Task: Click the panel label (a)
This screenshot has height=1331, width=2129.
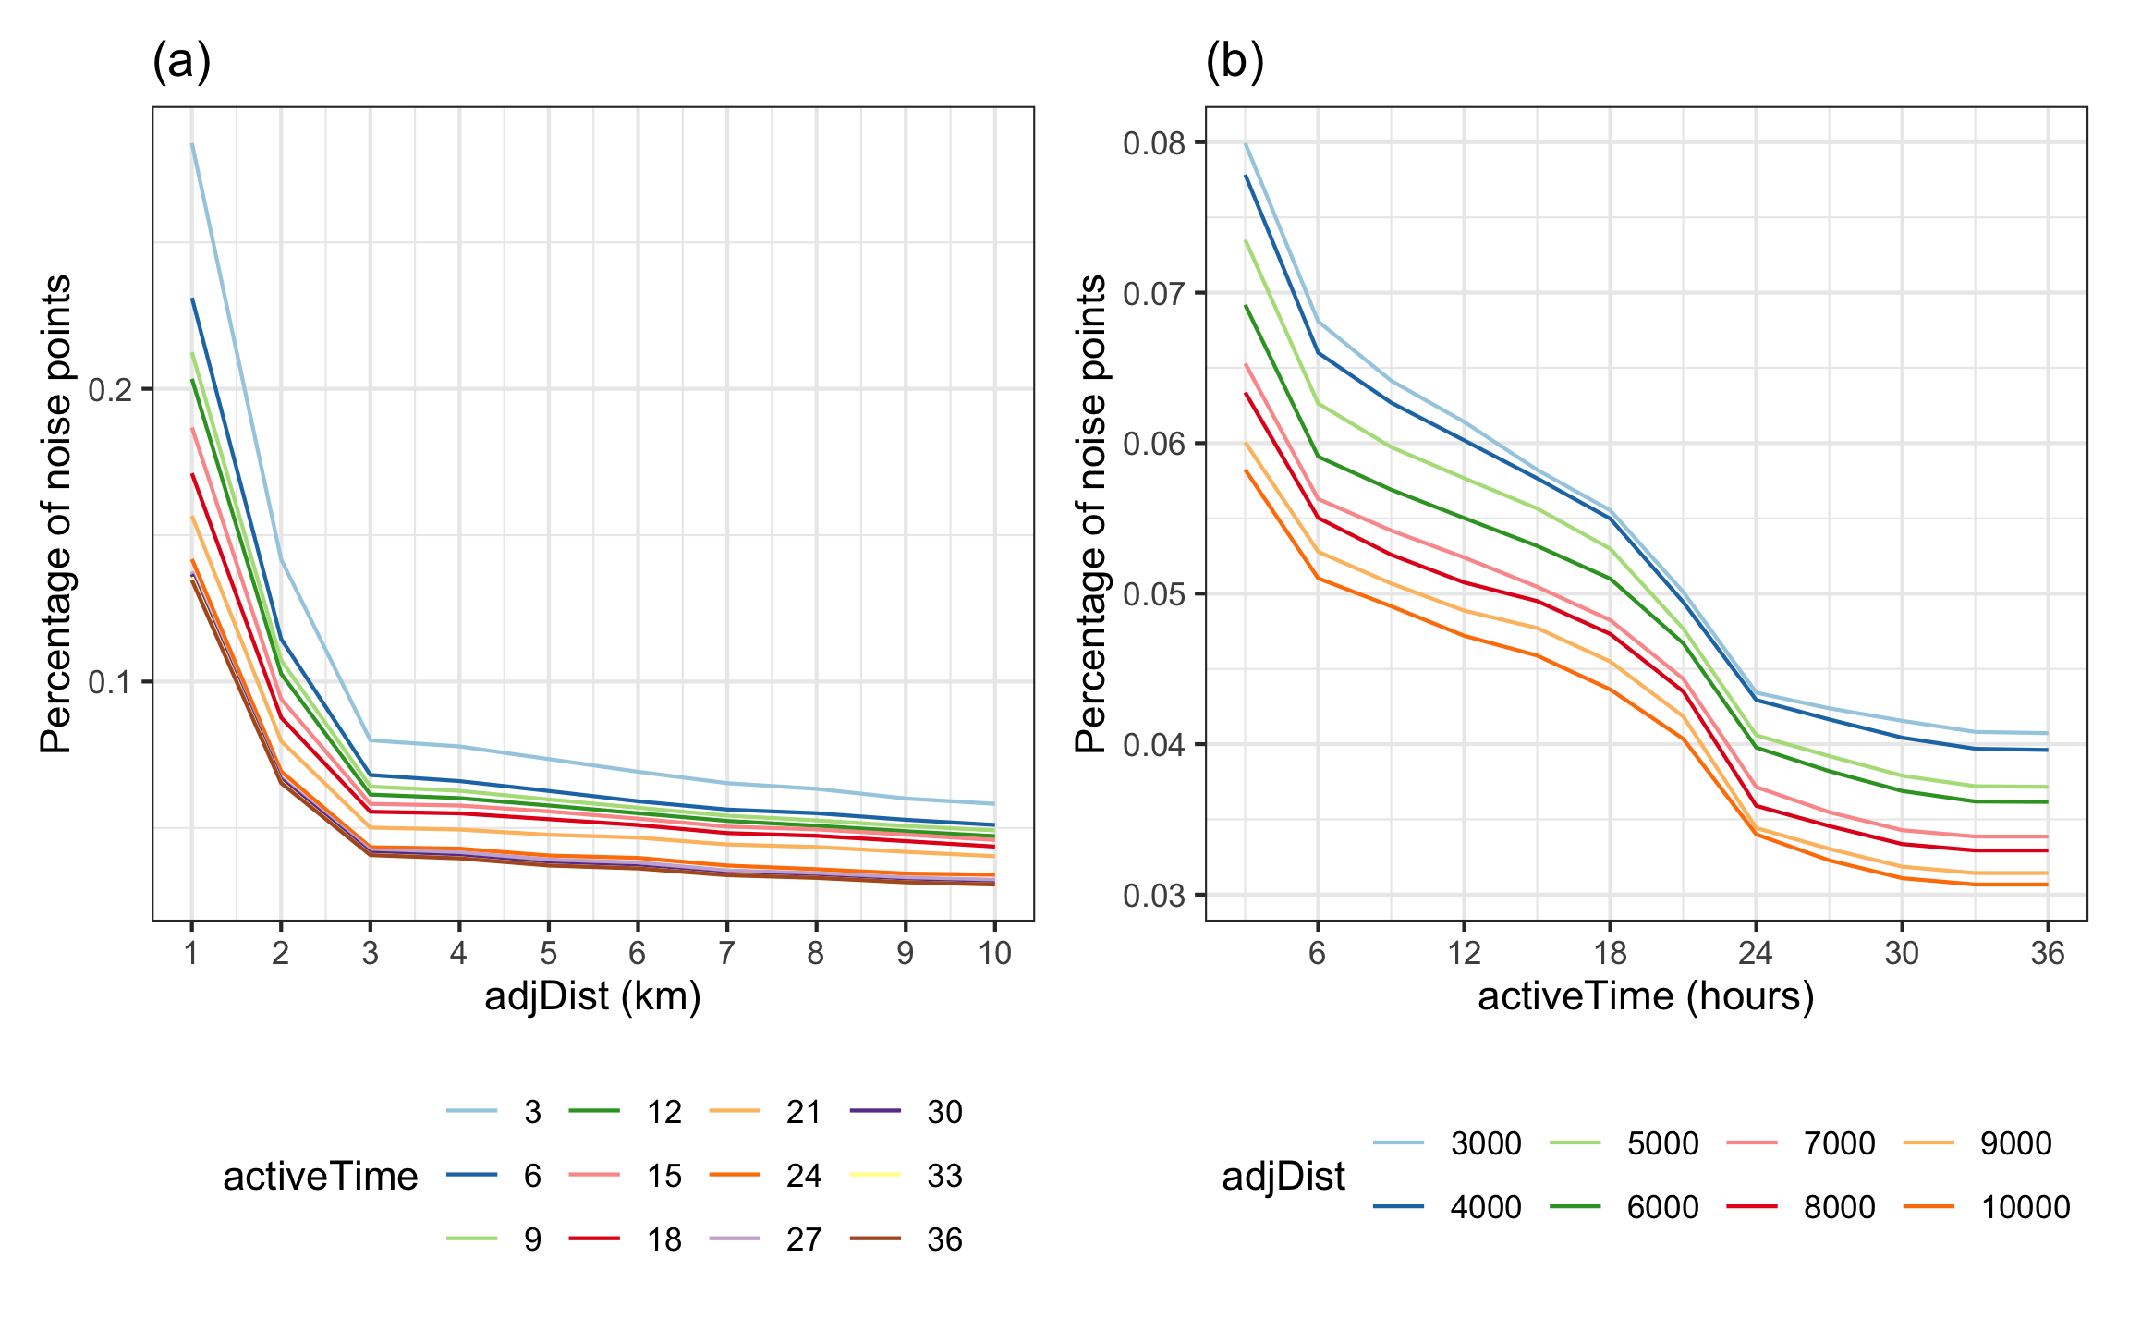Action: tap(182, 63)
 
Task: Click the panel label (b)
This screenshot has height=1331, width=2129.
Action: tap(1235, 63)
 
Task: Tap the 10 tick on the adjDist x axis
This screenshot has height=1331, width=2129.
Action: tap(994, 953)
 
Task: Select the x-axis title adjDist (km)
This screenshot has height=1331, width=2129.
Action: tap(592, 996)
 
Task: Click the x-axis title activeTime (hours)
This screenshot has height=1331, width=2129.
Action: tap(1646, 996)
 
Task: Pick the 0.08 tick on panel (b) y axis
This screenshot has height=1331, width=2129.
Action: tap(1153, 143)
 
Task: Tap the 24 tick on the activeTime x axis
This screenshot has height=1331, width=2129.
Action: tap(1756, 953)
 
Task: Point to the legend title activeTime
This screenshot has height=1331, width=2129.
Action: tap(321, 1177)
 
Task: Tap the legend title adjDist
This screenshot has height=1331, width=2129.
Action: tap(1283, 1177)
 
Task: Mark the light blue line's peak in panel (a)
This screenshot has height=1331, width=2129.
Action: tap(192, 144)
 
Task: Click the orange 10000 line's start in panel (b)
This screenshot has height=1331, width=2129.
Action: tap(1246, 470)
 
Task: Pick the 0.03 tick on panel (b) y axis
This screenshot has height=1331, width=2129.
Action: tap(1153, 896)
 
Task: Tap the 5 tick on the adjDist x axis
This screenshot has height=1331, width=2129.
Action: tap(548, 953)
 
